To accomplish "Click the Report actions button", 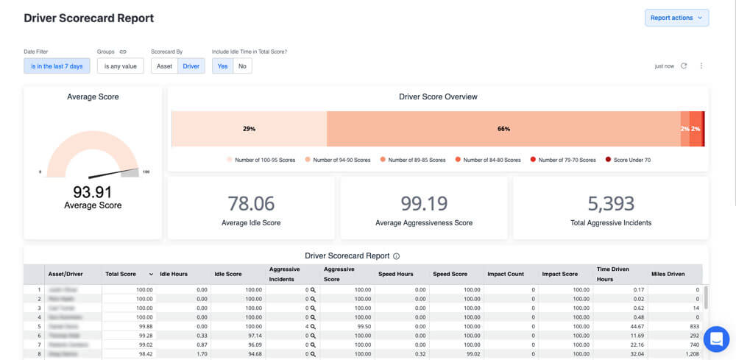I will [x=676, y=18].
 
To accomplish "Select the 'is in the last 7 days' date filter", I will [x=57, y=66].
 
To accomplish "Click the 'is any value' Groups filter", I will [x=120, y=66].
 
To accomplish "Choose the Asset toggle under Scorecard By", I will [x=165, y=66].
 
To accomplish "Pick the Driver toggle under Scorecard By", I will [x=191, y=66].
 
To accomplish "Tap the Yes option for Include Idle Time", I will [x=222, y=66].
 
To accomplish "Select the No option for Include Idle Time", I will [x=242, y=66].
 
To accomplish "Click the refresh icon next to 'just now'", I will [x=684, y=66].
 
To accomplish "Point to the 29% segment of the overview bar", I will [x=249, y=129].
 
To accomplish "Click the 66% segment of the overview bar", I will [x=503, y=129].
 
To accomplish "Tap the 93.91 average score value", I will [x=93, y=192].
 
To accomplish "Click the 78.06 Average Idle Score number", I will [x=251, y=203].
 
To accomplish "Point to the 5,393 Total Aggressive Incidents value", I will [x=611, y=203].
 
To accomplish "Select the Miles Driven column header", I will [x=668, y=274].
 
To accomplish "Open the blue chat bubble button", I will [x=715, y=339].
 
